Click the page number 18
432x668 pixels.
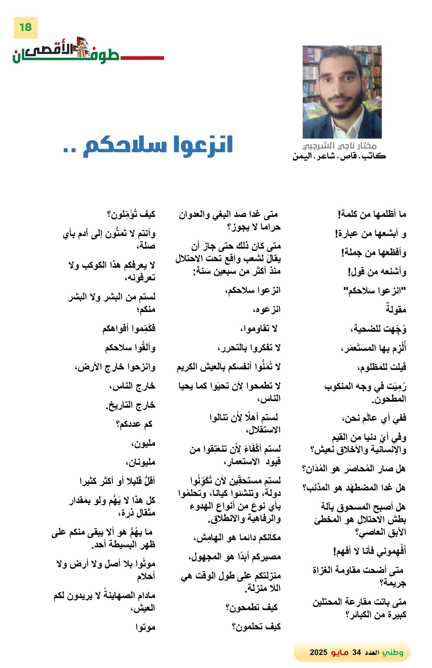(25, 28)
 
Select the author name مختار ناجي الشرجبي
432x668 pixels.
(339, 146)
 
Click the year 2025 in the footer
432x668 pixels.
(318, 652)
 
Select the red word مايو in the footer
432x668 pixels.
(339, 652)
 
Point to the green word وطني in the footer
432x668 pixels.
(393, 652)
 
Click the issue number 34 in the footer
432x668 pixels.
(356, 652)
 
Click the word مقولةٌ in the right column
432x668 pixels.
(396, 310)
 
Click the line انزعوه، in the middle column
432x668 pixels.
(266, 310)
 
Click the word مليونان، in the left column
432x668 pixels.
(140, 462)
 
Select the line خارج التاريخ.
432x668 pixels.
(131, 405)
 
